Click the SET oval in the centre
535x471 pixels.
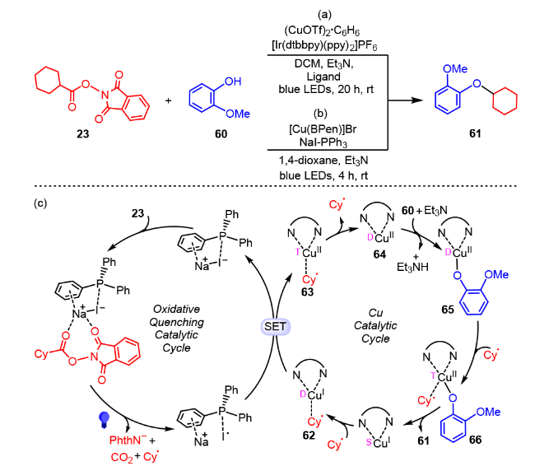tap(275, 326)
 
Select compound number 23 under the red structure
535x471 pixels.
tap(82, 133)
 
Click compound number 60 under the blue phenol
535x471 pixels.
tap(221, 133)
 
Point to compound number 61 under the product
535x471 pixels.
tap(475, 133)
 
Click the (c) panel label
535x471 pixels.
tap(40, 203)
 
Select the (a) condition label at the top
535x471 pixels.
tap(324, 14)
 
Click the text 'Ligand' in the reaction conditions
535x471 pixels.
tap(323, 77)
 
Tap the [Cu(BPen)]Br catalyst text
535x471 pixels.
tap(323, 129)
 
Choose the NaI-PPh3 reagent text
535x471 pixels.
tap(323, 142)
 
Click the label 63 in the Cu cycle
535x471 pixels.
tap(307, 292)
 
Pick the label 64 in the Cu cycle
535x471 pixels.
tap(379, 254)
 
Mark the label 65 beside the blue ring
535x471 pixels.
tap(448, 310)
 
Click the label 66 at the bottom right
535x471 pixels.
tap(475, 440)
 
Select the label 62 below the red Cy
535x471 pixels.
tap(309, 436)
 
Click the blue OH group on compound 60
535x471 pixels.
tap(233, 82)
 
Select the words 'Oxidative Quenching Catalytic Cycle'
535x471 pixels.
tap(176, 329)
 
